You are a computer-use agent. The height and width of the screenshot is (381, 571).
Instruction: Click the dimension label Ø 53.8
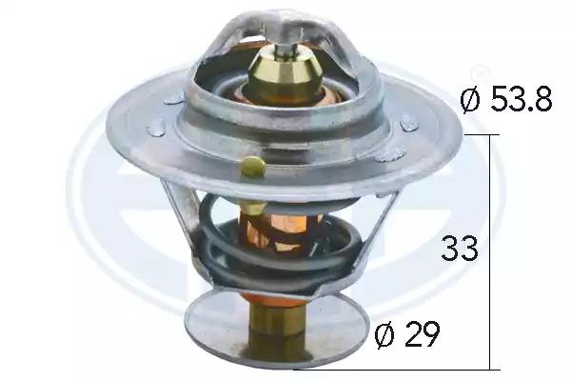click(506, 99)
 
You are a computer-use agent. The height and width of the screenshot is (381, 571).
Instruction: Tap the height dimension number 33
click(460, 248)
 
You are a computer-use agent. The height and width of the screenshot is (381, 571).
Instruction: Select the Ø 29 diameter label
click(407, 333)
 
